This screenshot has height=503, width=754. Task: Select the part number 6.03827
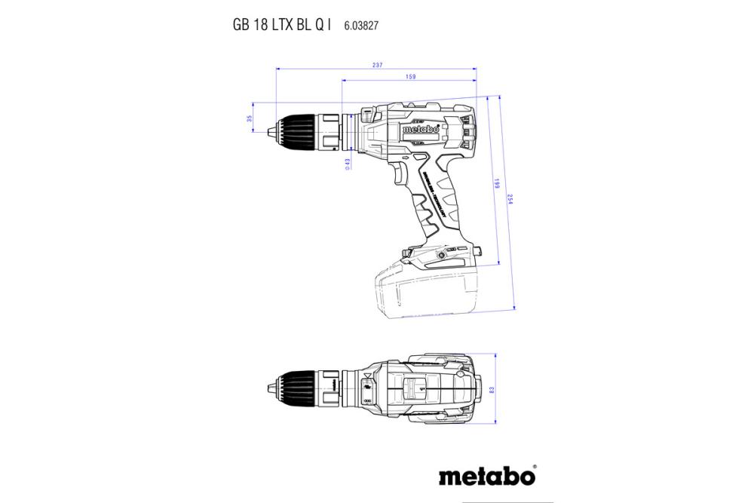(x=361, y=25)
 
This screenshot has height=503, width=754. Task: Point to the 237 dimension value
(x=377, y=66)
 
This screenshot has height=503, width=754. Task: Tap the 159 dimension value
(x=410, y=76)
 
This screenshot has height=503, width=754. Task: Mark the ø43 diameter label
(x=348, y=164)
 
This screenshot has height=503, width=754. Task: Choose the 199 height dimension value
(x=496, y=184)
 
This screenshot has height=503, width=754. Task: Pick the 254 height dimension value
(x=510, y=201)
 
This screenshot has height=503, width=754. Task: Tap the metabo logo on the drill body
(x=420, y=130)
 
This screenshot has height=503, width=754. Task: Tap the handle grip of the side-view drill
(x=437, y=204)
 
